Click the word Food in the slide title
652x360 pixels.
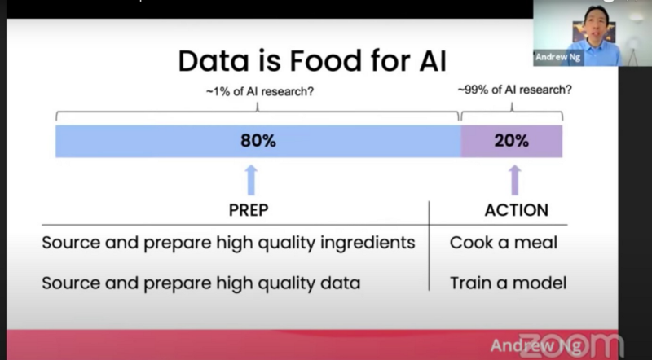[x=314, y=62]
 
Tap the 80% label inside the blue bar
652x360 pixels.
[x=258, y=140]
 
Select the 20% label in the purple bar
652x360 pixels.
[x=511, y=140]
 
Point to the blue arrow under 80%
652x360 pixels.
[x=251, y=179]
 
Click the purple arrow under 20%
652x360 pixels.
[x=514, y=179]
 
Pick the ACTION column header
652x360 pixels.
[x=517, y=210]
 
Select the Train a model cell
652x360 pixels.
[x=508, y=283]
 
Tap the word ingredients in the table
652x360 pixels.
[x=369, y=243]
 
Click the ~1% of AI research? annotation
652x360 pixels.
[x=259, y=91]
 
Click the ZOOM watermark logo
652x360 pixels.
[x=571, y=345]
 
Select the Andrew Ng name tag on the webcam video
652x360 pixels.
[x=558, y=58]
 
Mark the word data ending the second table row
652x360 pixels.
[x=341, y=283]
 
